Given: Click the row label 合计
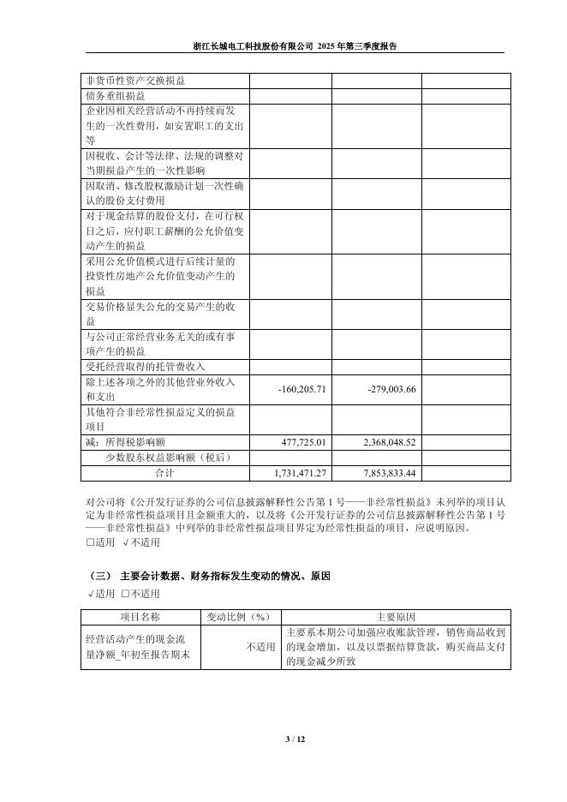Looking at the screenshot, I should [164, 473].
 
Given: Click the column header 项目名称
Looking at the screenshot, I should [140, 618].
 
